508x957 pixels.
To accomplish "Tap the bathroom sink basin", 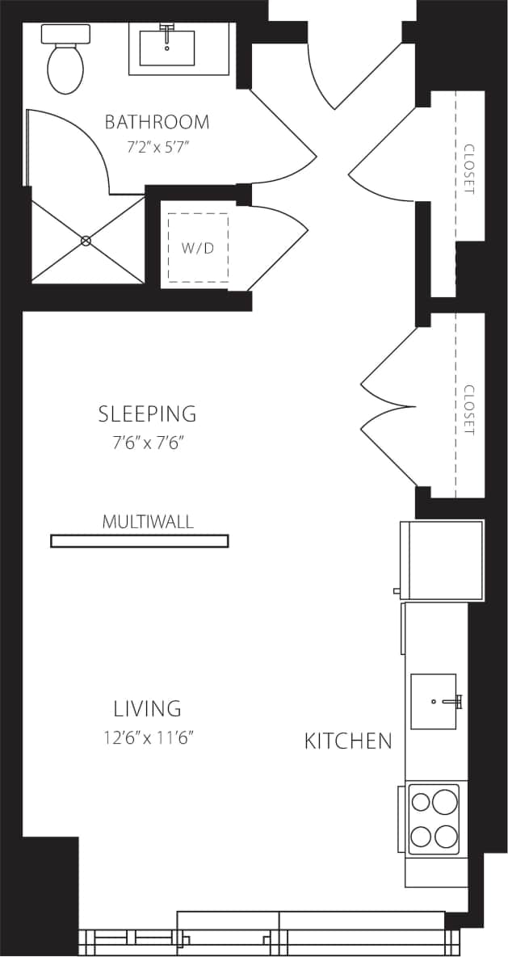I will click(166, 48).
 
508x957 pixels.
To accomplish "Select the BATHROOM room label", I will click(157, 122).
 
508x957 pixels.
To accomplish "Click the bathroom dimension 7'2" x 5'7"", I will click(157, 148).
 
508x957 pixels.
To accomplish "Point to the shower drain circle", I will click(86, 241).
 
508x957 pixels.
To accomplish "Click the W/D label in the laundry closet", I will click(197, 247).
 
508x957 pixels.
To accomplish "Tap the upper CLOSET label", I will click(469, 169).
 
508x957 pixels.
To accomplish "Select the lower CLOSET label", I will click(469, 409).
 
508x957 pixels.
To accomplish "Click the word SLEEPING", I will click(147, 414).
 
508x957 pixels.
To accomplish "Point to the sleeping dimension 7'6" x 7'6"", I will click(147, 443).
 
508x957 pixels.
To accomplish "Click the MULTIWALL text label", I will click(148, 522).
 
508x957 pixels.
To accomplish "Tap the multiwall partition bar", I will click(139, 541).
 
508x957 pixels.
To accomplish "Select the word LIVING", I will click(147, 709).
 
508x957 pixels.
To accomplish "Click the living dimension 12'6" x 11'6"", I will click(147, 737).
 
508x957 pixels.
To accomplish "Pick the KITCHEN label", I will click(348, 741).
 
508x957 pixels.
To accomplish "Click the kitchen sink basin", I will click(434, 701).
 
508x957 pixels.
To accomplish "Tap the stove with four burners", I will click(434, 818).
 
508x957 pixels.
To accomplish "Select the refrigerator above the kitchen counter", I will click(442, 560).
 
